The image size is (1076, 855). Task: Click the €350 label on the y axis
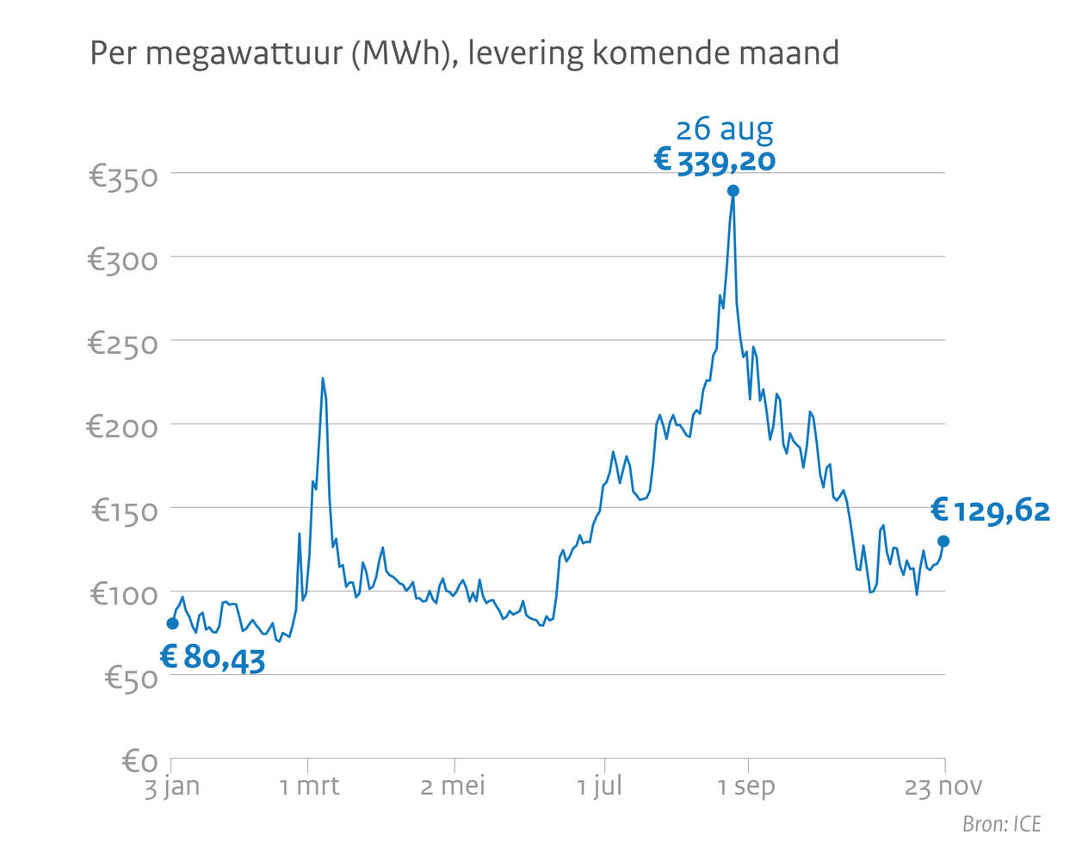point(123,177)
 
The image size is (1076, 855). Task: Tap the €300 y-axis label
point(123,260)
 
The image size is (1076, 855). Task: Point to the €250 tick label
point(123,344)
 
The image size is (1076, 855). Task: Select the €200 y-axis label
point(123,427)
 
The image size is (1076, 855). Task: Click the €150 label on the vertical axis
point(125,511)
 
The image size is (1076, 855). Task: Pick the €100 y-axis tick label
point(124,594)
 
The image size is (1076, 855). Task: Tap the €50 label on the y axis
point(131,678)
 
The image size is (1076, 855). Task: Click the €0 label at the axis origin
point(139,761)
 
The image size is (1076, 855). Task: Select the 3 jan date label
point(171,786)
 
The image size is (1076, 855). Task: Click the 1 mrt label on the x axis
point(309,786)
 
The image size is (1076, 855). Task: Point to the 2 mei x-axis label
point(453,786)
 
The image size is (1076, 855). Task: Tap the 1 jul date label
point(599,786)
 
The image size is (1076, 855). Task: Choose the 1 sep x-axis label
point(746,786)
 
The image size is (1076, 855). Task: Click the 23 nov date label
point(943,786)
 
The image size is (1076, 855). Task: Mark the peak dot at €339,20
point(733,191)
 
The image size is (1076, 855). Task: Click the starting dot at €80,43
point(172,623)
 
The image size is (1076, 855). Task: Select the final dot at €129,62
point(943,542)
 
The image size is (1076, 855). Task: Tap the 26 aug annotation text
point(724,130)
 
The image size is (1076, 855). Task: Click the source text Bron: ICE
point(1001,824)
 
